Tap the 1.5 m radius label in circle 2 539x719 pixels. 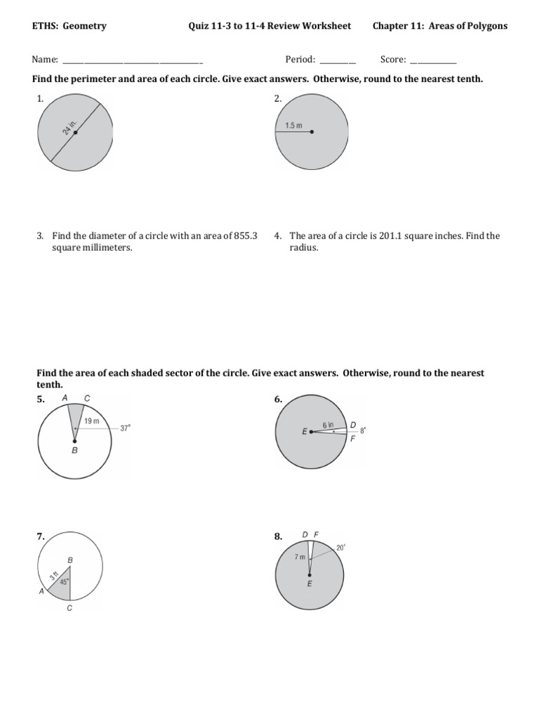(x=293, y=126)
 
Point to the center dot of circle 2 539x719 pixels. (x=311, y=132)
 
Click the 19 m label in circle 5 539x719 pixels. (x=91, y=421)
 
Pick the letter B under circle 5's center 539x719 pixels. (x=74, y=452)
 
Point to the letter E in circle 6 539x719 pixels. (x=305, y=433)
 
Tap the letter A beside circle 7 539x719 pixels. (x=41, y=592)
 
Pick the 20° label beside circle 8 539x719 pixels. (x=341, y=548)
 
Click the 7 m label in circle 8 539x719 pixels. (x=300, y=556)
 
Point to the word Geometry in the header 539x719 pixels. (x=85, y=26)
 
